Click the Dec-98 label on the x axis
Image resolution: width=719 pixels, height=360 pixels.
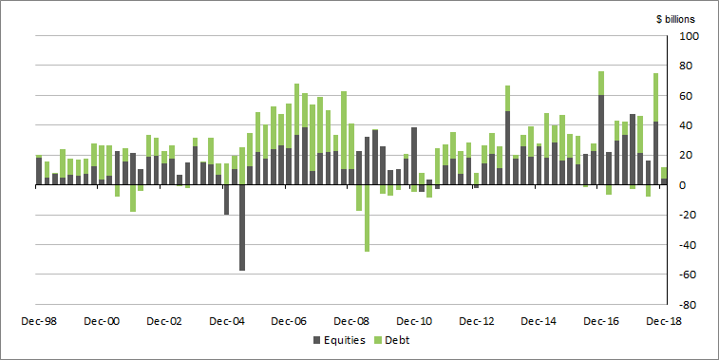point(39,321)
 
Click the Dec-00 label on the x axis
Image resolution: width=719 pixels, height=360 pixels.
point(102,321)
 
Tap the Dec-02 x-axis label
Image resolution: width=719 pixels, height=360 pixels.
point(164,321)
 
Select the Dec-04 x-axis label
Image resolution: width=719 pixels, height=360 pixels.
point(227,321)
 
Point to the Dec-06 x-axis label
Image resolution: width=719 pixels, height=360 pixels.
point(289,321)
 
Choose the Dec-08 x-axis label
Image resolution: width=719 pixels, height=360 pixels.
point(351,321)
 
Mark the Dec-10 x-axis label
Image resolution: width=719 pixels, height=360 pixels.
point(414,321)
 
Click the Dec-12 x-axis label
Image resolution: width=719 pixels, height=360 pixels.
point(477,321)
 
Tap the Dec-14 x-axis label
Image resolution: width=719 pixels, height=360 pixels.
point(539,321)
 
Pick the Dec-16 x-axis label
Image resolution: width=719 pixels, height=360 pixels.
point(601,321)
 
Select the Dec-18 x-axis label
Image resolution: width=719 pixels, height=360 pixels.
point(663,321)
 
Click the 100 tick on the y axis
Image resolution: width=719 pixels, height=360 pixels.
point(687,36)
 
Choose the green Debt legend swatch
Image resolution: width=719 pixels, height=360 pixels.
point(377,340)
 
